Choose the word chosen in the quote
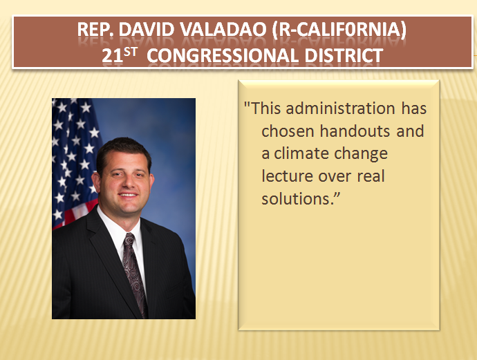(x=285, y=131)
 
